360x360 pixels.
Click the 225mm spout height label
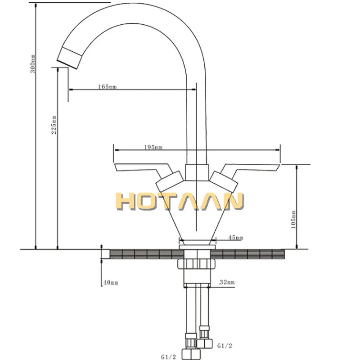tap(54, 125)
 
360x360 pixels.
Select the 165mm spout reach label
tap(107, 86)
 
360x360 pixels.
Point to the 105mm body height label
tap(293, 220)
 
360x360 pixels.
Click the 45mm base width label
tap(236, 238)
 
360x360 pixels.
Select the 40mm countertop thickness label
tap(111, 283)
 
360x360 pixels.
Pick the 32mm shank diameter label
tap(227, 283)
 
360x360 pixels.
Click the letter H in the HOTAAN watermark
tap(126, 201)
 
